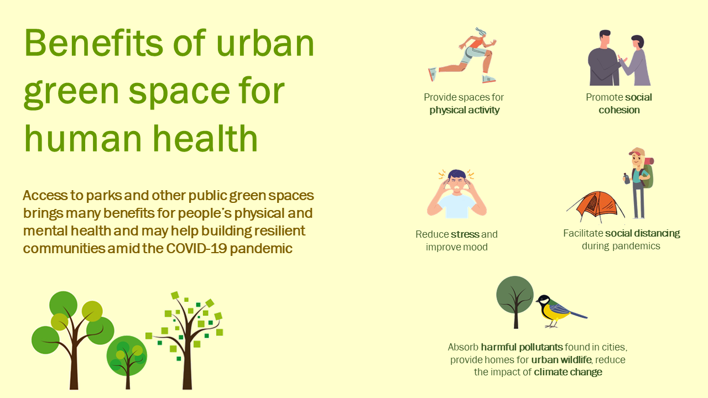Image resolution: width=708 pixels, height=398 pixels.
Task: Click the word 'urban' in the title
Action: [265, 44]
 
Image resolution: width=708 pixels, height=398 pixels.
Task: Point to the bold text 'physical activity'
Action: [464, 110]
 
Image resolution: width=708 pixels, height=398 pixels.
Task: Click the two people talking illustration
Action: [619, 58]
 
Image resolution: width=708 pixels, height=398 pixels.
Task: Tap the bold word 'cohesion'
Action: [619, 110]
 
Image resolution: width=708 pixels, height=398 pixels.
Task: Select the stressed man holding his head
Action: [457, 193]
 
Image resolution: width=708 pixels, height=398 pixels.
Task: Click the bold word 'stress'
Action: [465, 234]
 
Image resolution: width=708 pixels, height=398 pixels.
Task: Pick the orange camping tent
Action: [595, 206]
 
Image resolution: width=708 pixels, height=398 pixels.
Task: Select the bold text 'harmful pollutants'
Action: [522, 347]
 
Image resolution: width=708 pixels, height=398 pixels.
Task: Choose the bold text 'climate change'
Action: [568, 372]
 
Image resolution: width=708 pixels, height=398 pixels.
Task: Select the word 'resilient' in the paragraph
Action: [278, 231]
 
